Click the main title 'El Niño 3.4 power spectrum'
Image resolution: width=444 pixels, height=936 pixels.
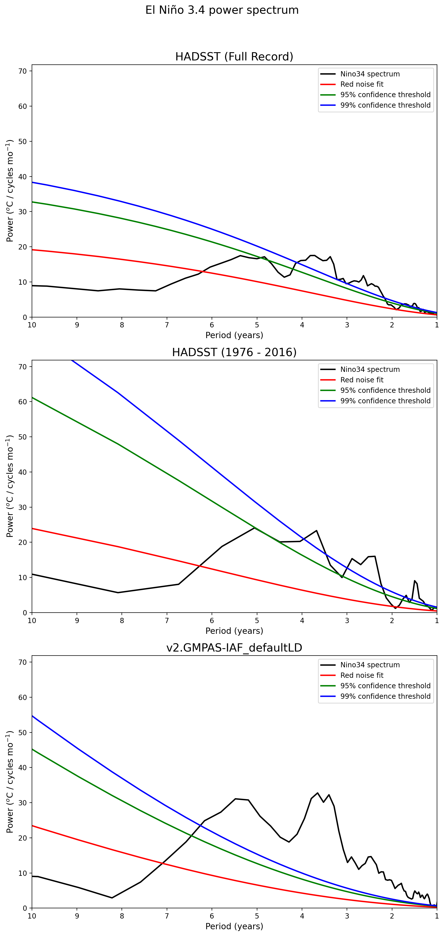tap(222, 10)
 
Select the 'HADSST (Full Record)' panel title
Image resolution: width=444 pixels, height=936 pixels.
tap(234, 57)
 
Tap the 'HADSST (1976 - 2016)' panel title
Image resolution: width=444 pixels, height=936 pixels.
tap(234, 352)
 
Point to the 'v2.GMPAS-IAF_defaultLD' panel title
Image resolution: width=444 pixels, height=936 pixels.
tap(234, 648)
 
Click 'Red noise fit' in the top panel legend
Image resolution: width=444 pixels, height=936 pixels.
tap(362, 84)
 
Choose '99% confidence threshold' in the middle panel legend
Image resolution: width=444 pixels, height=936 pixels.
tap(385, 401)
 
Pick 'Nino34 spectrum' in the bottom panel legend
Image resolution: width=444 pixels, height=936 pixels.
tap(370, 665)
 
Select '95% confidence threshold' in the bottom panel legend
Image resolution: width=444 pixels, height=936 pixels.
tap(385, 686)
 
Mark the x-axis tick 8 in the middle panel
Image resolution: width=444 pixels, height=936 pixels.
tap(122, 620)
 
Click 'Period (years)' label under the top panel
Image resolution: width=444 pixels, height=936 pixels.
tap(234, 335)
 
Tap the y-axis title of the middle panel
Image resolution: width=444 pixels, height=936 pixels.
tap(10, 486)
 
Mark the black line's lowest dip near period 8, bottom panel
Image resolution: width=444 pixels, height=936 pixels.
tap(112, 898)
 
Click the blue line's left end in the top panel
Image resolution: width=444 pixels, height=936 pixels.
tap(32, 182)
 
